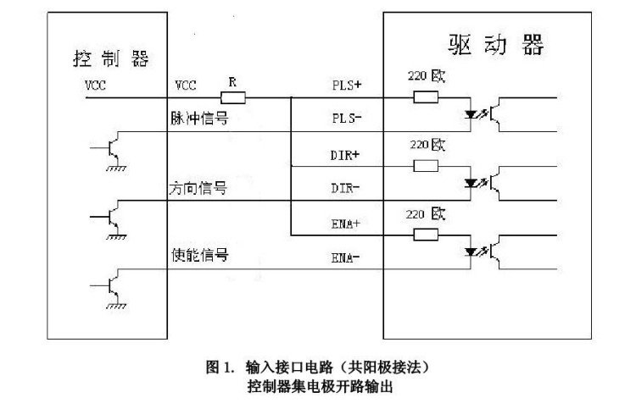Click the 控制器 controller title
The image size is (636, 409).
(x=110, y=58)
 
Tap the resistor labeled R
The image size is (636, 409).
(x=232, y=98)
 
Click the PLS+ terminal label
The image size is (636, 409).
(x=345, y=86)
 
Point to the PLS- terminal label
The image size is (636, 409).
(x=345, y=119)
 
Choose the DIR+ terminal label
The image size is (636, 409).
(x=345, y=155)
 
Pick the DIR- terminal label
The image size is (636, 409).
(x=345, y=187)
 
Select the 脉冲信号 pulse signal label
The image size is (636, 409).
(x=199, y=119)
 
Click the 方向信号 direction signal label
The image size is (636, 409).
(x=199, y=187)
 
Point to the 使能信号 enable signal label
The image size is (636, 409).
(x=199, y=255)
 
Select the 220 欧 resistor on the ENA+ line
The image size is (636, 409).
(x=426, y=235)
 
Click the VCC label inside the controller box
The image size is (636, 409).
(x=95, y=86)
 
